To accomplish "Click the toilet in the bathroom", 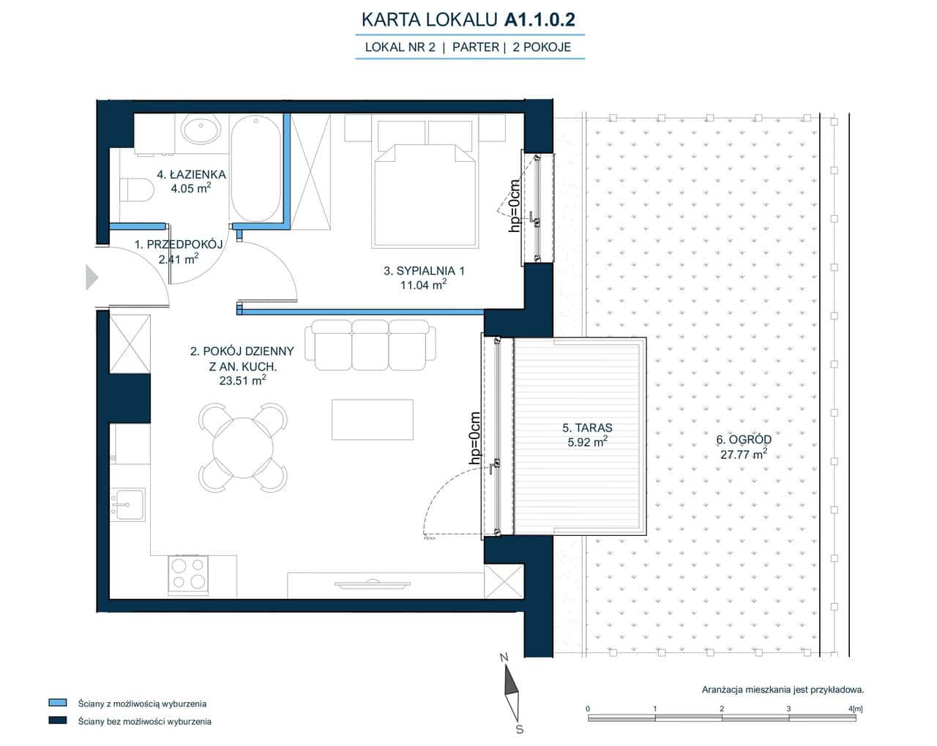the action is click(137, 190).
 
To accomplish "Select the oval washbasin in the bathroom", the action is click(201, 129).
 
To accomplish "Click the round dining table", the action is click(242, 447).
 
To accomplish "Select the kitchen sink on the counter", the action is click(127, 504).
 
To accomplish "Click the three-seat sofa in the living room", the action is click(370, 346).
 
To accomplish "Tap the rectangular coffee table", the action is click(373, 419).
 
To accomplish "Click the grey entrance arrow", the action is click(92, 277).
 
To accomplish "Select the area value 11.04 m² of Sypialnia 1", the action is click(423, 286).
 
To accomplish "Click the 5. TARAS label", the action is click(587, 428).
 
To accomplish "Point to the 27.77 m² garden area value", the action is click(744, 454).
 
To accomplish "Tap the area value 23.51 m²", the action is click(242, 381).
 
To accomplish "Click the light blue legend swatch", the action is click(58, 703).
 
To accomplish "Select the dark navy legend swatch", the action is click(58, 720).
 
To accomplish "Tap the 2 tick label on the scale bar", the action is click(722, 708).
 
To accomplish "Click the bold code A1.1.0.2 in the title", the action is click(540, 20).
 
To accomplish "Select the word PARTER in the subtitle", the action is click(476, 47).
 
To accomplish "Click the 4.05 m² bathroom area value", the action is click(191, 189).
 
